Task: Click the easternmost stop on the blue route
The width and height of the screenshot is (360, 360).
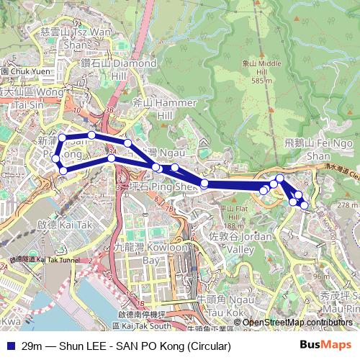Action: [305, 205]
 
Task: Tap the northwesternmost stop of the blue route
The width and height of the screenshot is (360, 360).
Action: [62, 138]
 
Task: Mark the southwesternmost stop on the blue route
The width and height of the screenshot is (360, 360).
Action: [63, 170]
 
